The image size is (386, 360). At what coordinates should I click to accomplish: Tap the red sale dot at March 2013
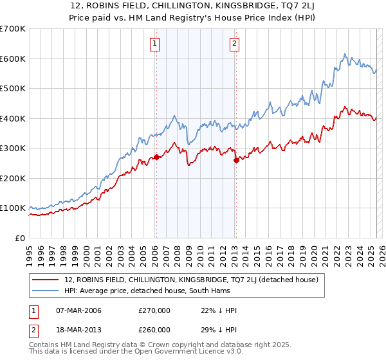(x=236, y=160)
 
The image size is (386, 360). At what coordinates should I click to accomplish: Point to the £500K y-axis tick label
(x=13, y=89)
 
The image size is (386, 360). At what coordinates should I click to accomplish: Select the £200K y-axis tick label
(x=13, y=178)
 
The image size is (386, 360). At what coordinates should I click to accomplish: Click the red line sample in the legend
(x=46, y=279)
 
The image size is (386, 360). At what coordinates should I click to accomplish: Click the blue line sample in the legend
(x=46, y=291)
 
